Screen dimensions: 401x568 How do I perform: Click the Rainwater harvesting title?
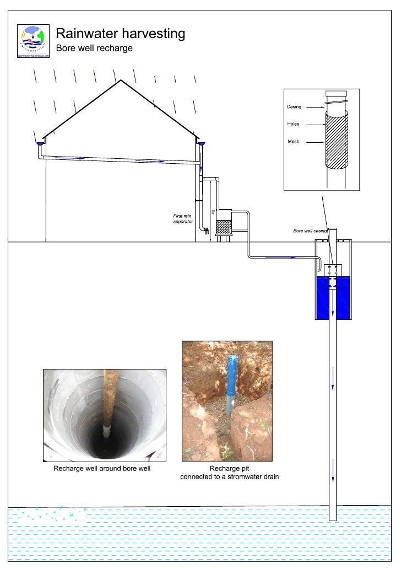[x=120, y=34]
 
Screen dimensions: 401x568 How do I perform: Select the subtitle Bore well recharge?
[x=94, y=48]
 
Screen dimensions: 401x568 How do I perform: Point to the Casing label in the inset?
[x=294, y=106]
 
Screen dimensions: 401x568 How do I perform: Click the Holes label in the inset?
[x=293, y=124]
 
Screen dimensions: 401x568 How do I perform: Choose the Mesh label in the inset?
[x=294, y=142]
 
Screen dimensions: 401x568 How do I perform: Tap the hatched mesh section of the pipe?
[x=336, y=141]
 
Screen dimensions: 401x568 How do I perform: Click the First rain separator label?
[x=183, y=218]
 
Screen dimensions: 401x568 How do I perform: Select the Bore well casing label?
[x=310, y=231]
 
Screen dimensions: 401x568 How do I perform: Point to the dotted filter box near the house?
[x=224, y=227]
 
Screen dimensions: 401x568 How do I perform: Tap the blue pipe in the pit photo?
[x=232, y=375]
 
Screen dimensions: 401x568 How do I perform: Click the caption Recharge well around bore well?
[x=102, y=469]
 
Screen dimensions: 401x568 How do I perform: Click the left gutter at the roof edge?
[x=40, y=144]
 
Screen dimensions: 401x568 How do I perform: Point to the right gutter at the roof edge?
[x=201, y=144]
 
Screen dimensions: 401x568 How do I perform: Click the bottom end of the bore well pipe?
[x=332, y=518]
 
